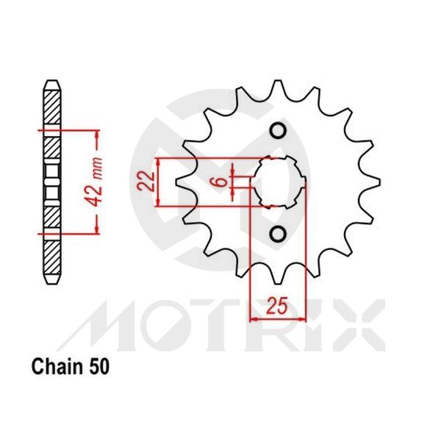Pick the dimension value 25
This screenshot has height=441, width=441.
click(x=275, y=304)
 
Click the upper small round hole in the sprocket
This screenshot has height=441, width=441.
click(x=278, y=131)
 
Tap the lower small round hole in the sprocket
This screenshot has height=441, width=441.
click(x=278, y=234)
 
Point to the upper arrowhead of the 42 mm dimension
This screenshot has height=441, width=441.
click(x=95, y=135)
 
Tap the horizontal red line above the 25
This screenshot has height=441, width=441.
click(x=275, y=319)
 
